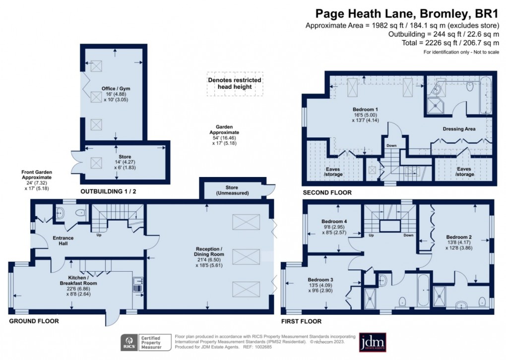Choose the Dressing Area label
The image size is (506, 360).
(x=459, y=129)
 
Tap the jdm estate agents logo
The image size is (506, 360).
(x=373, y=342)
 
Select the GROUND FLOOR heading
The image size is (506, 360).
(x=34, y=321)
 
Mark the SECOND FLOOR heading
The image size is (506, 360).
(x=327, y=192)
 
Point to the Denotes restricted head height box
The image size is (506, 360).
(x=234, y=83)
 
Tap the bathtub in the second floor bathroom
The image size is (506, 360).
(x=485, y=95)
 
